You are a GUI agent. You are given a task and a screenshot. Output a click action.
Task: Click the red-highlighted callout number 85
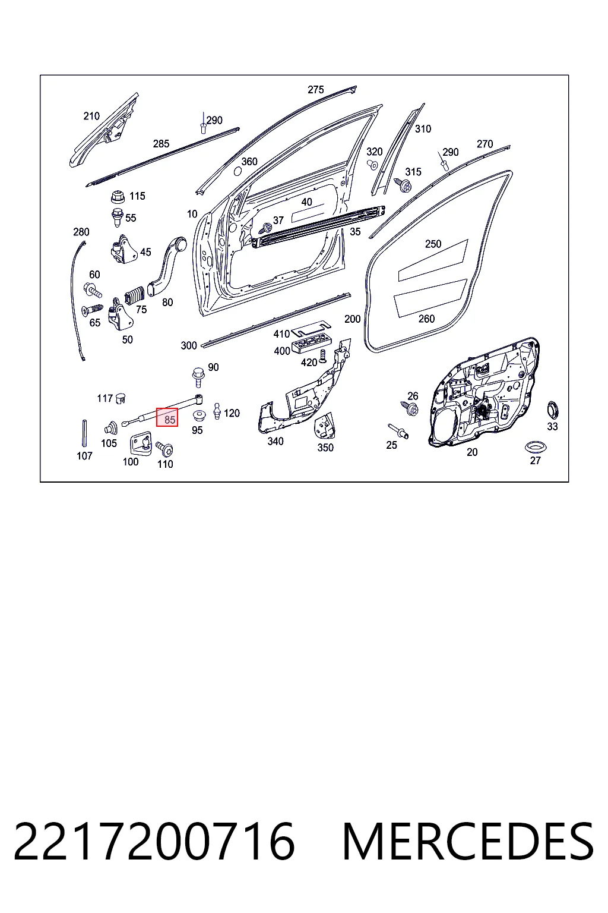coord(170,420)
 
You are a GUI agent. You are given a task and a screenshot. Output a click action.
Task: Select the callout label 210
coord(91,116)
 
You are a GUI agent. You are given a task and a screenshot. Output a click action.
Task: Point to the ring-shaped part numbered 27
coord(536,447)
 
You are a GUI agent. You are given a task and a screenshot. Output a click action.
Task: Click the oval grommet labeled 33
coord(553,410)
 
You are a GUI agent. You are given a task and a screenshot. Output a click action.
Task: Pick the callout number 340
coord(275,441)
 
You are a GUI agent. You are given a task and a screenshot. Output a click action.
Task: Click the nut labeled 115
coord(118,197)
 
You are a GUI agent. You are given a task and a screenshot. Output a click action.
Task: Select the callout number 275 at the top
coord(316,90)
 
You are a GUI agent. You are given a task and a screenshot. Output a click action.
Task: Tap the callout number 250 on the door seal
coord(433,244)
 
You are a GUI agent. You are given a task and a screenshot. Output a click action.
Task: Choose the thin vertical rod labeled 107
coord(85,434)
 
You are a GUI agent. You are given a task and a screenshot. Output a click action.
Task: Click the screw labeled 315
coord(403,185)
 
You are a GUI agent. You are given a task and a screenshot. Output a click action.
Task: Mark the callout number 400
coord(282,351)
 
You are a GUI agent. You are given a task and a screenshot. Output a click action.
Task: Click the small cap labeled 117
coord(121,398)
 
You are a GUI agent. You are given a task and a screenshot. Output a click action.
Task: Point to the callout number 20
coord(472,452)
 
